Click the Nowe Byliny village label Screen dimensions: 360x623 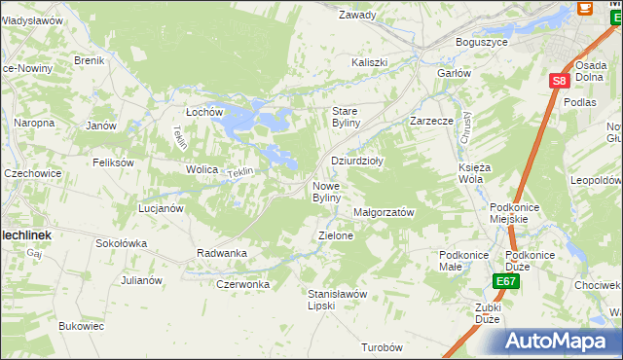point(326,192)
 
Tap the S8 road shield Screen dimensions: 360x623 point(558,83)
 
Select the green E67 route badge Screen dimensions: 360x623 point(504,281)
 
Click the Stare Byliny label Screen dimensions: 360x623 point(347,117)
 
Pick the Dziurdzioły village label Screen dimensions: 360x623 point(358,162)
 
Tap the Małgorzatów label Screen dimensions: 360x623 point(384,212)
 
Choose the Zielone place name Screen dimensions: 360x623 point(336,235)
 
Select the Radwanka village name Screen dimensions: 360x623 point(222,253)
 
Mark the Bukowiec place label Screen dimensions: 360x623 point(81,326)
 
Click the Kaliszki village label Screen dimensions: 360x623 point(369,62)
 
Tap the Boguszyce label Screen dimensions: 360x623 point(484,43)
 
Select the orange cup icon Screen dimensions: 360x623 point(585,8)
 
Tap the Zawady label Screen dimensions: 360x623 point(357,16)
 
